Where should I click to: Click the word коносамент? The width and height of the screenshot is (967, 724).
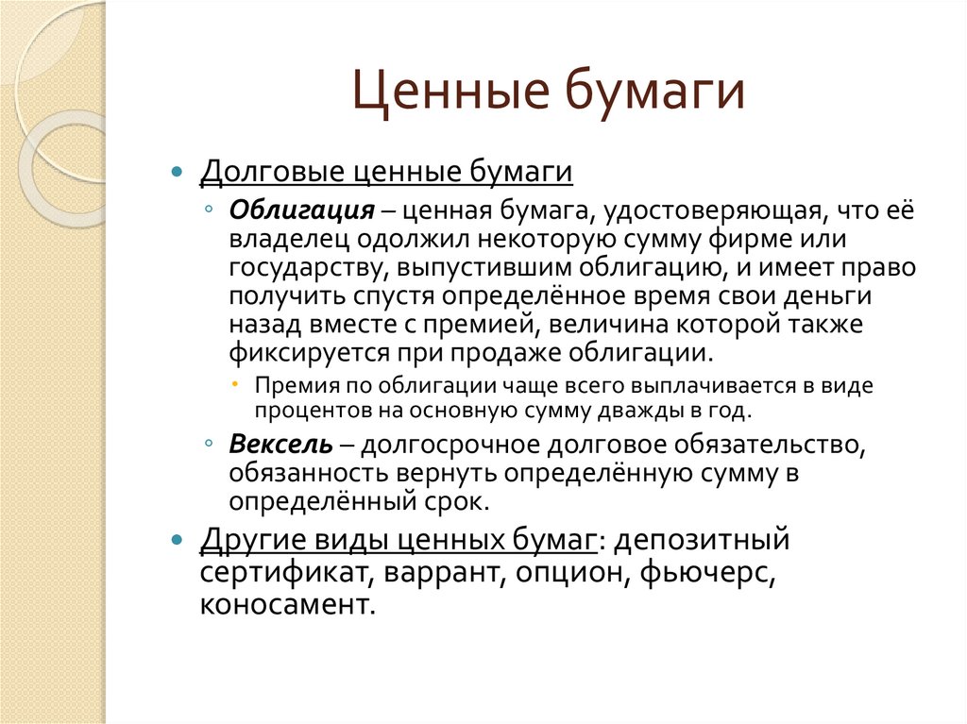(x=287, y=604)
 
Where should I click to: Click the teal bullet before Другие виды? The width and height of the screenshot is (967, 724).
(x=176, y=542)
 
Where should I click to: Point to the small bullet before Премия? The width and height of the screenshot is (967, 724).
(x=234, y=386)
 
